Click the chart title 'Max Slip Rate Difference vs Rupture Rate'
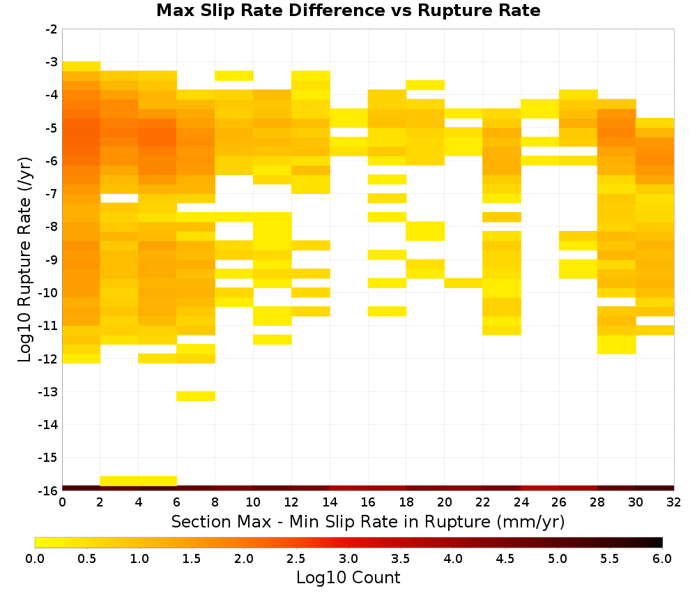pyautogui.click(x=348, y=10)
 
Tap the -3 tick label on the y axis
pyautogui.click(x=51, y=62)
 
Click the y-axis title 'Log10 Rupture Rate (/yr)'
pyautogui.click(x=24, y=260)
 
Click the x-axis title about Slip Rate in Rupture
pyautogui.click(x=368, y=521)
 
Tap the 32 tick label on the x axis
pyautogui.click(x=674, y=502)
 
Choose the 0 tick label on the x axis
pyautogui.click(x=62, y=502)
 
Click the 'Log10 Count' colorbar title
pyautogui.click(x=348, y=578)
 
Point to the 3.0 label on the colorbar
pyautogui.click(x=348, y=558)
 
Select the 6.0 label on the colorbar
pyautogui.click(x=662, y=558)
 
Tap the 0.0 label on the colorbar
pyautogui.click(x=35, y=558)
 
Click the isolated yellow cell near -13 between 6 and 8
pyautogui.click(x=196, y=396)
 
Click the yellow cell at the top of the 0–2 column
pyautogui.click(x=82, y=66)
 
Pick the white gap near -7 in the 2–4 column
pyautogui.click(x=119, y=198)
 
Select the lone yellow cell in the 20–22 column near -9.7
pyautogui.click(x=464, y=283)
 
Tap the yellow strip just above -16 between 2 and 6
pyautogui.click(x=139, y=481)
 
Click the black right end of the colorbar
pyautogui.click(x=659, y=542)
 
